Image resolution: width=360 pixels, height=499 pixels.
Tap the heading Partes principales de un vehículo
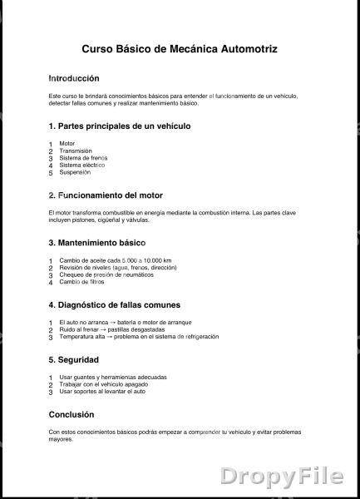tap(120, 126)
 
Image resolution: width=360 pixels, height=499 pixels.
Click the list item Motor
tap(67, 143)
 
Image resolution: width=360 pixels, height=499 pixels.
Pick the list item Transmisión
tap(76, 151)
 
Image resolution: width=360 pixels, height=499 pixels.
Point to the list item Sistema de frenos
tap(83, 158)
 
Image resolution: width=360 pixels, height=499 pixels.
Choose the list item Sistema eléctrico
tap(81, 165)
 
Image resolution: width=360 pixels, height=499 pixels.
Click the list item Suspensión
tap(75, 172)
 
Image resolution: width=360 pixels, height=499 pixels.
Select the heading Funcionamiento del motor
tap(106, 195)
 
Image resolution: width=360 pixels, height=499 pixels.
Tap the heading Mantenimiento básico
tap(96, 243)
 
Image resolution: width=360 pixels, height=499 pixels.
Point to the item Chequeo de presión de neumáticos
tap(106, 274)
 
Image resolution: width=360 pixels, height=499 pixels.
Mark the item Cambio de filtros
tap(81, 282)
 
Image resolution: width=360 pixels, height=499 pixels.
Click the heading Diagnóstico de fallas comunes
tap(114, 304)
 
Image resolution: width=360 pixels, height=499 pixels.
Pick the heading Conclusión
tap(72, 413)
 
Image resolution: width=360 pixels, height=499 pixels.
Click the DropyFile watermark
tap(281, 476)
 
